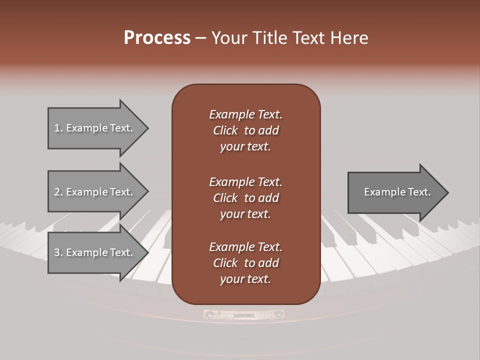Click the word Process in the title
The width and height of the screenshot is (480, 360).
[157, 38]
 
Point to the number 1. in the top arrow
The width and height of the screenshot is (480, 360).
[58, 128]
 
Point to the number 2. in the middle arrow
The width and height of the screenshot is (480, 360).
[58, 192]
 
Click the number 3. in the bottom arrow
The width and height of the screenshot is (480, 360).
[58, 252]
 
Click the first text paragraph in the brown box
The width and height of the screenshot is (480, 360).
[245, 130]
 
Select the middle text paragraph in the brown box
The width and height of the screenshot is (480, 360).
[245, 198]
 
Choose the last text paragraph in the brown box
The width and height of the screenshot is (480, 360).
[245, 263]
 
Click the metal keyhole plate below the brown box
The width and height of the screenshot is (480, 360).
[243, 314]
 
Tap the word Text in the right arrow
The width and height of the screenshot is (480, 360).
[419, 192]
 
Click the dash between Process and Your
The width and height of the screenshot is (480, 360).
[200, 38]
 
